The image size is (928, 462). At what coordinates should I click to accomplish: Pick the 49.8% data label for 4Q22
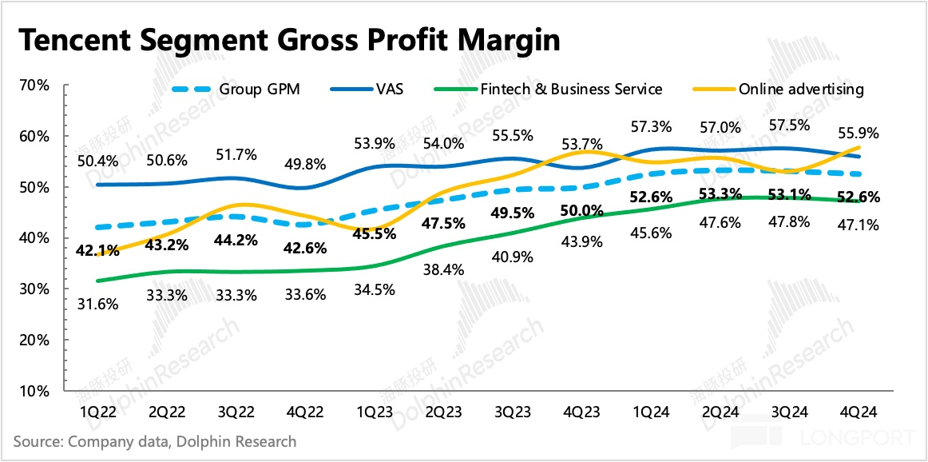(x=307, y=165)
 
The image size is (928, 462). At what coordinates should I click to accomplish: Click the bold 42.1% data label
(x=97, y=250)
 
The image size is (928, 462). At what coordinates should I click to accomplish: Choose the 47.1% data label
(x=857, y=226)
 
